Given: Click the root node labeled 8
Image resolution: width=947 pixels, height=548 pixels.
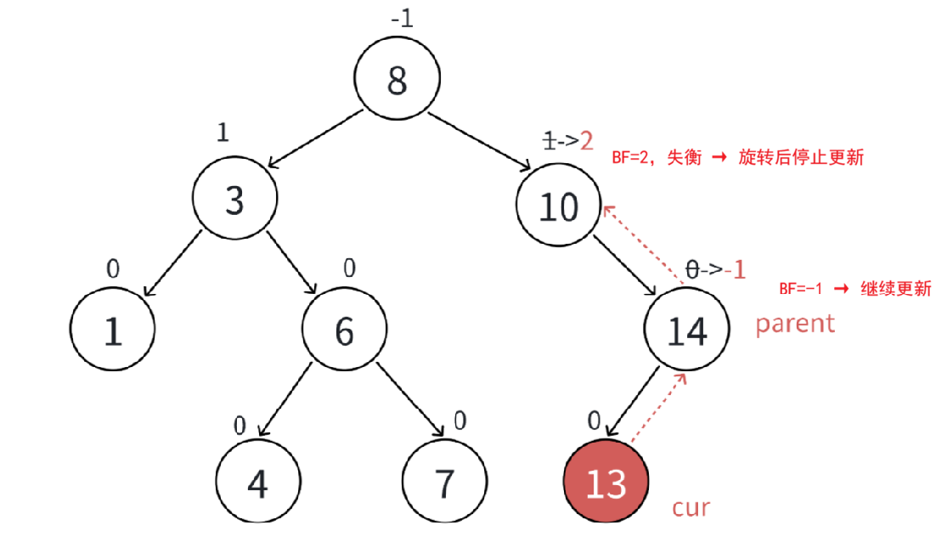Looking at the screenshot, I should tap(397, 81).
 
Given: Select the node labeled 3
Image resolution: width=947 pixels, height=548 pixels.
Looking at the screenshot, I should tap(234, 201).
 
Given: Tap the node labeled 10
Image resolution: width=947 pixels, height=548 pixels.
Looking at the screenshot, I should tap(559, 206).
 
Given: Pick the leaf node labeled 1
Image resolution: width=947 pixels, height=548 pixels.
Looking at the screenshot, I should tap(113, 330).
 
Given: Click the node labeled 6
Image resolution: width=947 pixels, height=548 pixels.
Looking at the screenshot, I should tap(344, 330).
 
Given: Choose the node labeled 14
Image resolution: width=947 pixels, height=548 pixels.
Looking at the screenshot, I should tap(687, 330).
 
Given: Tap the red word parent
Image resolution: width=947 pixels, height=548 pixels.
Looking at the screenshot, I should tap(795, 323).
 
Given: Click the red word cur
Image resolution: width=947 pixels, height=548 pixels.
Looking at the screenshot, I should tap(691, 508).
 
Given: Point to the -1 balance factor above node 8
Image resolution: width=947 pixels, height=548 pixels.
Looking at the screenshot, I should tap(402, 19).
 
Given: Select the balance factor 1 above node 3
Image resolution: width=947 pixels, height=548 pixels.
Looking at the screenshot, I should tap(223, 133).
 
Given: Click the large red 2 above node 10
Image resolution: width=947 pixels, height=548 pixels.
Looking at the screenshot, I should tap(586, 140).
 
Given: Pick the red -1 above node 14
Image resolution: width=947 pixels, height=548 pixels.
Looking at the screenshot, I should tap(736, 270).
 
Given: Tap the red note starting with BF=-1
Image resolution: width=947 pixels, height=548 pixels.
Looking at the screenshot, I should tap(855, 288).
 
